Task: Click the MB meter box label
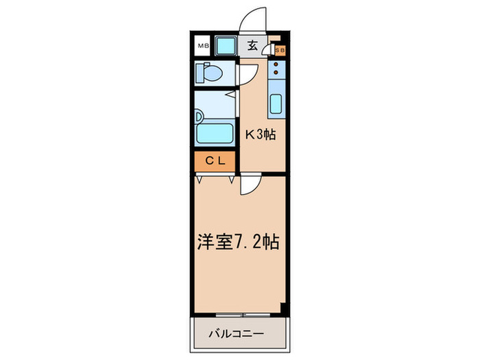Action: click(202, 47)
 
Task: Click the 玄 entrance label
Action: click(252, 47)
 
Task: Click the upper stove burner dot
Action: click(276, 64)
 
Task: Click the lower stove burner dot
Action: click(276, 71)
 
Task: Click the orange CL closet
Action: click(215, 161)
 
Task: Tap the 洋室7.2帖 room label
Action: click(238, 242)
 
